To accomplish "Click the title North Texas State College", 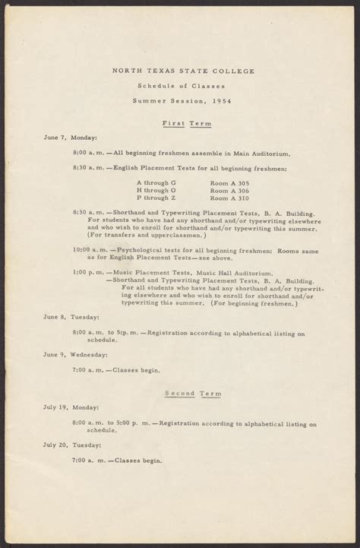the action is [180, 72].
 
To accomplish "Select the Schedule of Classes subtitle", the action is [180, 87].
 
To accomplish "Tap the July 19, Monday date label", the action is [72, 407].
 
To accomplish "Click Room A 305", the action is [231, 183].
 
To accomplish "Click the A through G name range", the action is [156, 183].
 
